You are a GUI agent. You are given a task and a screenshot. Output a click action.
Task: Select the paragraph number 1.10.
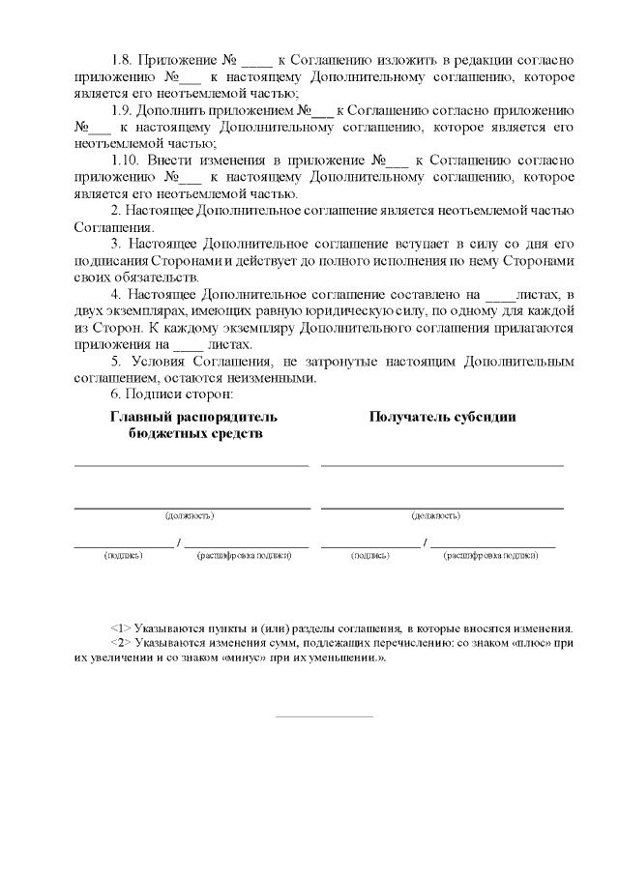pos(128,160)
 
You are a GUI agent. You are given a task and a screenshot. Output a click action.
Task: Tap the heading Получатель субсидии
pos(442,417)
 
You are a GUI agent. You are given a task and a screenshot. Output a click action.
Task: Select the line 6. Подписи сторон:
pos(165,394)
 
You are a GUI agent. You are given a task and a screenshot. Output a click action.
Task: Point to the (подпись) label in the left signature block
pos(123,556)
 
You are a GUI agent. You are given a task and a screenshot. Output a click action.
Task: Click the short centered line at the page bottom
pos(324,716)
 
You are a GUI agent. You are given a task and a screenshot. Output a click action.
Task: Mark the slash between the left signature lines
pos(179,543)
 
